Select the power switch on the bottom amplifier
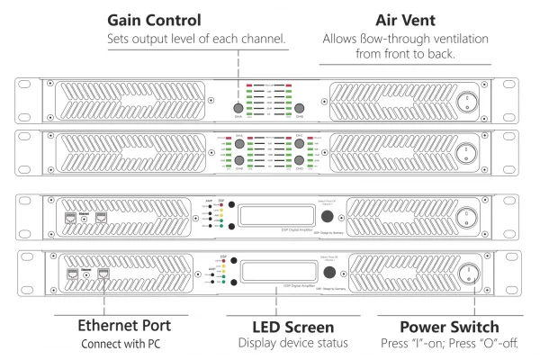[468, 274]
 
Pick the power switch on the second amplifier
[468, 151]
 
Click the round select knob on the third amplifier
[328, 219]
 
